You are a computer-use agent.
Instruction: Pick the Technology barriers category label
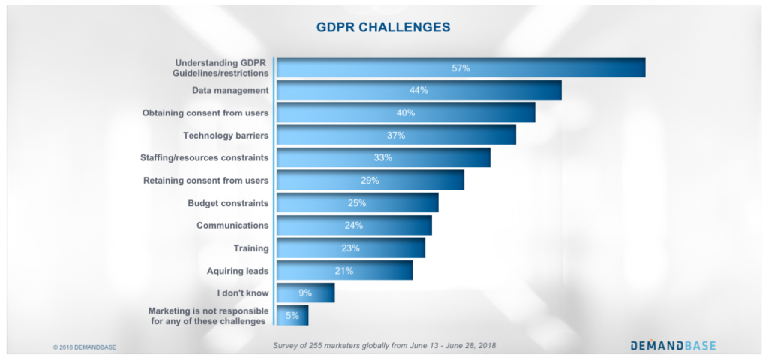pos(226,136)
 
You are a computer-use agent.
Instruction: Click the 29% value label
pos(370,181)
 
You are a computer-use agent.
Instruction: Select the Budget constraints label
pos(228,203)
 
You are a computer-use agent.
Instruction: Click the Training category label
pos(251,248)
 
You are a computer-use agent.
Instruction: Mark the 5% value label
pos(292,316)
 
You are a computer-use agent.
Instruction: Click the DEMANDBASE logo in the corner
pos(672,346)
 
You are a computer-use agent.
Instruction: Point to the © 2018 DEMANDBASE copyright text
pos(85,347)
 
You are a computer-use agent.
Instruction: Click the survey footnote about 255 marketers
pos(383,346)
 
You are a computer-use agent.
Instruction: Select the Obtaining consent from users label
pos(205,113)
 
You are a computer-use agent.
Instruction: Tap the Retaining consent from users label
pos(205,181)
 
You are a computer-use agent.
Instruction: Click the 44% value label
pos(418,91)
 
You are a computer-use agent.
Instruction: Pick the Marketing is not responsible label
pos(208,316)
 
